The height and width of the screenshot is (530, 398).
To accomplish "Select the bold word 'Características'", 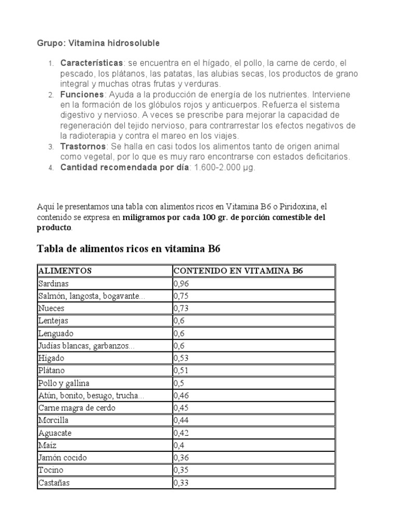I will tap(92, 63).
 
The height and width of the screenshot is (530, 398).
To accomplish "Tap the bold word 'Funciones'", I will tap(82, 95).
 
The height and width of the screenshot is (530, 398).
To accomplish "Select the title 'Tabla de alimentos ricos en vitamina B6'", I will tap(129, 248).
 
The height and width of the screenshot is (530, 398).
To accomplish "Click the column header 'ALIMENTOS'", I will tap(65, 271).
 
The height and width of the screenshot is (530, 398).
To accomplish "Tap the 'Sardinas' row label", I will tap(53, 284).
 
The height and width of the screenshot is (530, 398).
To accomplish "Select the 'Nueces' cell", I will tap(51, 308).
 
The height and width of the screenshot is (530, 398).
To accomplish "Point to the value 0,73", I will tap(181, 308).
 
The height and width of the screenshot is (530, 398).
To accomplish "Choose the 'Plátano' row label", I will tap(52, 371).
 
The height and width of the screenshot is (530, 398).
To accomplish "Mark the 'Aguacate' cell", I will tap(54, 433).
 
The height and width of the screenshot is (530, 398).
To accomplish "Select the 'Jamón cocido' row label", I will tap(62, 458).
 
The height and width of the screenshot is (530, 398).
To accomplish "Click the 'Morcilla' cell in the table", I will tap(53, 421).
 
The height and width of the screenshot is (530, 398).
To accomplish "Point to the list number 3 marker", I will tap(51, 148).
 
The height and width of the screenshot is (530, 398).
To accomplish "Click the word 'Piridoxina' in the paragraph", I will tap(307, 207).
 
